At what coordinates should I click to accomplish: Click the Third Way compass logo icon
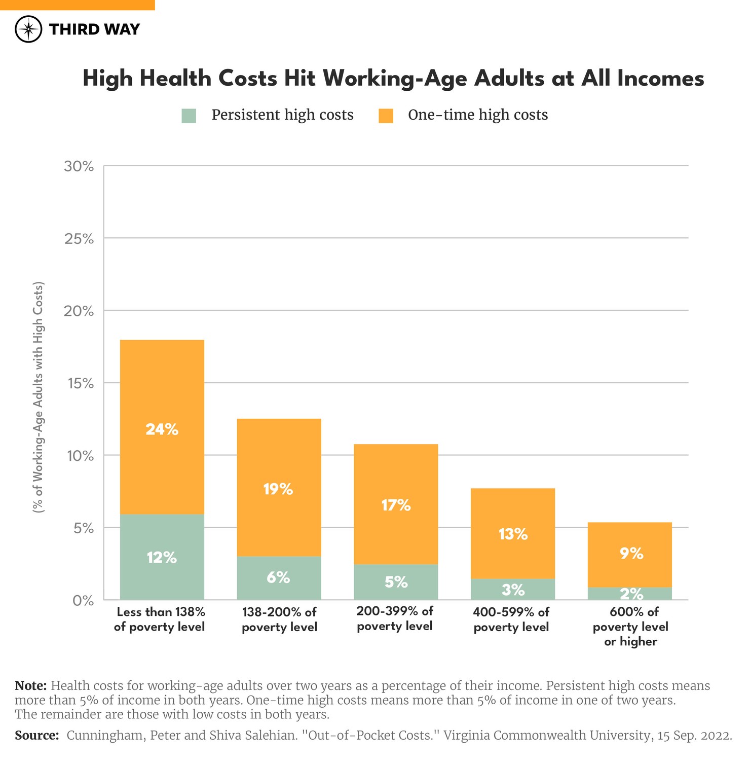tap(28, 29)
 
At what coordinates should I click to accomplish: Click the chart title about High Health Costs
tap(393, 79)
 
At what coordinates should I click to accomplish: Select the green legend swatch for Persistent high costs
tap(189, 116)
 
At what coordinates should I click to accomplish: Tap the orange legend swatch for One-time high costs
tap(386, 116)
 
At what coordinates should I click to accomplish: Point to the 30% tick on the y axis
tap(79, 166)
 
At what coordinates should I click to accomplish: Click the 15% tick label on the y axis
tap(79, 383)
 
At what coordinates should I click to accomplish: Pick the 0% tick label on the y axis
tap(83, 601)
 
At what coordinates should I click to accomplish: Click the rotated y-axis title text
tap(39, 397)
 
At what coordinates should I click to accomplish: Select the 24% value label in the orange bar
tap(162, 429)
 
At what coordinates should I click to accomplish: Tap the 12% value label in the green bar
tap(162, 558)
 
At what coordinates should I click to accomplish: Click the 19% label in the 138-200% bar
tap(278, 489)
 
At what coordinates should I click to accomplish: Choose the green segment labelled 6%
tap(279, 578)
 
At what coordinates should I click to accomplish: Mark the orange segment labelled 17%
tap(396, 504)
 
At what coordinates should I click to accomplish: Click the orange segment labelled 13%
tap(513, 534)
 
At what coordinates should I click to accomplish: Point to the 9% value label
tap(631, 554)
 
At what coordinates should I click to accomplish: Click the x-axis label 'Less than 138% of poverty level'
tap(160, 619)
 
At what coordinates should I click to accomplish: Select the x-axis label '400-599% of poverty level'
tap(511, 619)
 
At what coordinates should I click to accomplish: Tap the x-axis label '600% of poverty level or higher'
tap(630, 627)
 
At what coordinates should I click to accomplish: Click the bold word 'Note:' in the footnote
tap(31, 686)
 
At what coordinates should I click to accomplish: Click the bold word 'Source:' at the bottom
tap(37, 736)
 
